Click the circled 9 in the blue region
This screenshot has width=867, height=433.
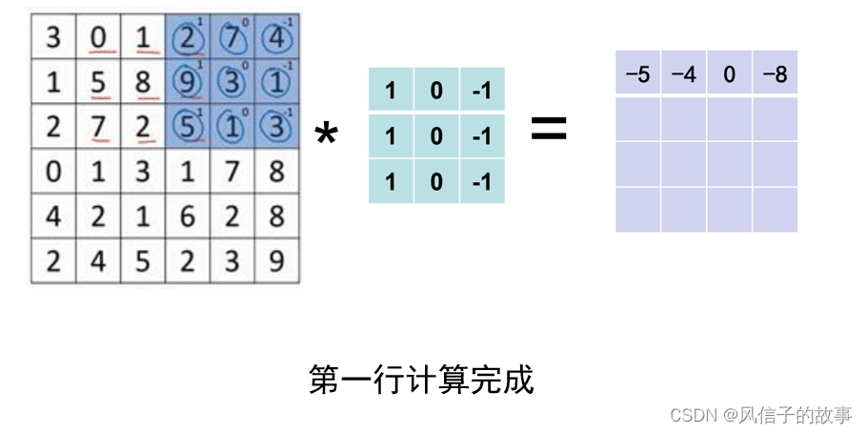tap(188, 82)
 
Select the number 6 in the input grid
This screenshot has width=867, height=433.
tap(188, 216)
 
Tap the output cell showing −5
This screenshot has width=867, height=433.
tap(637, 73)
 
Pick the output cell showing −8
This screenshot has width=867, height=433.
tap(775, 73)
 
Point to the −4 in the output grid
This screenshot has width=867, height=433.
tap(683, 73)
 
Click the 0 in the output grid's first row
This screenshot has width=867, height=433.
tap(729, 73)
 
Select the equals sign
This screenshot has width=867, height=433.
tap(548, 129)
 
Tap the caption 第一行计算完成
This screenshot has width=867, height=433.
tap(421, 380)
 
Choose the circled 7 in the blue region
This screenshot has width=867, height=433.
tap(232, 39)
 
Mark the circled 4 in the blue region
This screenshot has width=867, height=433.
tap(276, 39)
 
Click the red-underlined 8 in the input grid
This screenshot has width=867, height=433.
tap(143, 82)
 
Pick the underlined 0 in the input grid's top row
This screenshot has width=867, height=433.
tap(98, 39)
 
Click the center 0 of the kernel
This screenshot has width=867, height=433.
tap(436, 136)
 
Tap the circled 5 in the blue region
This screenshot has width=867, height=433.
tap(188, 127)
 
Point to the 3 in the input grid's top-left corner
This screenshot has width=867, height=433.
tap(53, 39)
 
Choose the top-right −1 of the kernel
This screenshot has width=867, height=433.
tap(481, 92)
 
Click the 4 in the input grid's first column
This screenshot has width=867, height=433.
tap(53, 216)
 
